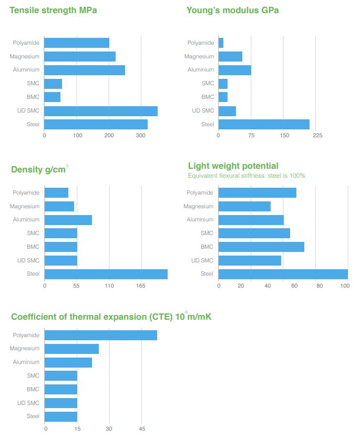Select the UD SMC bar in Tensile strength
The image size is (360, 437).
click(101, 111)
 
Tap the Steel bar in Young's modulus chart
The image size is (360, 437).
click(263, 124)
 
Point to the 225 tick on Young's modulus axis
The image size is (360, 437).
click(317, 136)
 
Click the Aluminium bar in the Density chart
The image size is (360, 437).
click(68, 220)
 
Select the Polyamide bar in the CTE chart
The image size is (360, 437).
click(100, 335)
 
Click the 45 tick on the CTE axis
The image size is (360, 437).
click(141, 429)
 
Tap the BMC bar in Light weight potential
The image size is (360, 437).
click(261, 247)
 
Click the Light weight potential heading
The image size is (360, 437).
click(233, 166)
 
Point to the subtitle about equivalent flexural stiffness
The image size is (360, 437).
click(246, 176)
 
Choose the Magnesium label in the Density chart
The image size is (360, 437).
click(24, 207)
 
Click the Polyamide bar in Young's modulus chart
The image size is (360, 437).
click(221, 43)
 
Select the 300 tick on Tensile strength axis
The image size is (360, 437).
click(141, 136)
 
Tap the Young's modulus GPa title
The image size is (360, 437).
click(232, 11)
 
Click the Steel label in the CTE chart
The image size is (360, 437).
click(33, 416)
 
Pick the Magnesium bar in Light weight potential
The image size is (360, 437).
click(244, 206)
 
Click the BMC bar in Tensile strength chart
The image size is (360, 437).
click(52, 97)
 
